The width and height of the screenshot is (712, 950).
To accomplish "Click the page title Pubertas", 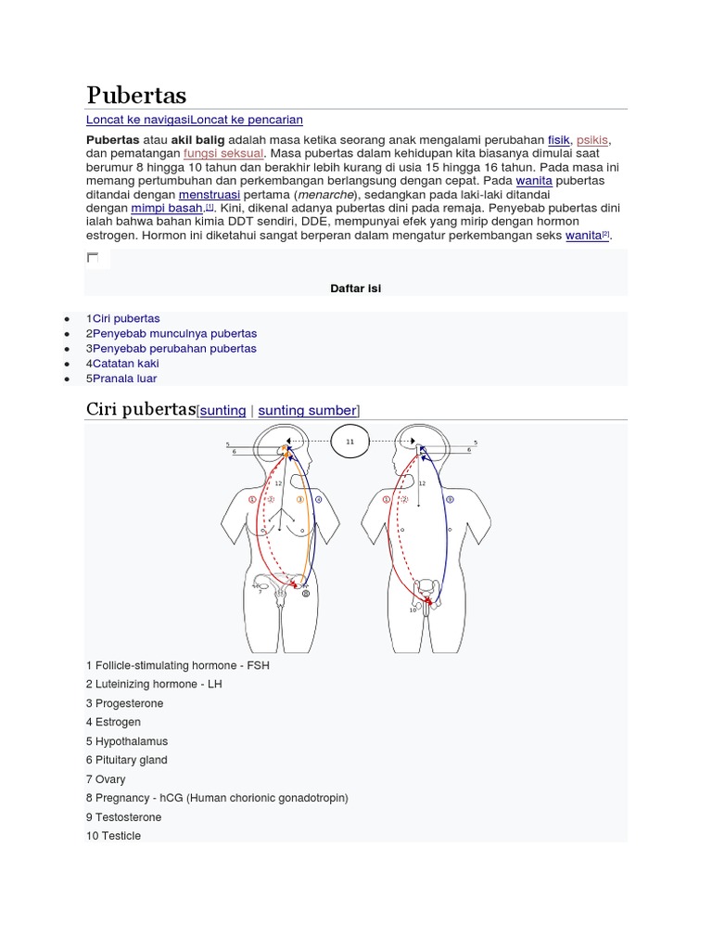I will [x=136, y=95].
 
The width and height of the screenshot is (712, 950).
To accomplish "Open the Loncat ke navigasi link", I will [x=137, y=120].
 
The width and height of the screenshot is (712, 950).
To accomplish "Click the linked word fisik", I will [x=558, y=139].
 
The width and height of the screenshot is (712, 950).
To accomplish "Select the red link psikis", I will [x=592, y=139].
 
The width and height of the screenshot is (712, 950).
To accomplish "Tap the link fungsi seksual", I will [x=223, y=153].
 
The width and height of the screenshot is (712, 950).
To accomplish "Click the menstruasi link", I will [x=210, y=195].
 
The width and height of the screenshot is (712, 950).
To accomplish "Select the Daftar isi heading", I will [x=356, y=289].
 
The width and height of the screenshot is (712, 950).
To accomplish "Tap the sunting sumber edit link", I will [x=307, y=410].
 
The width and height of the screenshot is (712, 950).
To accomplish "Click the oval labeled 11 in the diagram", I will [x=350, y=443].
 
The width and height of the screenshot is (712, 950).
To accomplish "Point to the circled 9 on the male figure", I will [x=450, y=500].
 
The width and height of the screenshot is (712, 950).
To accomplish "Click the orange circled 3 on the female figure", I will [x=300, y=500].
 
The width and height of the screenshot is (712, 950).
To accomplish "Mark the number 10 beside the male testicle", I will [x=413, y=610].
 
